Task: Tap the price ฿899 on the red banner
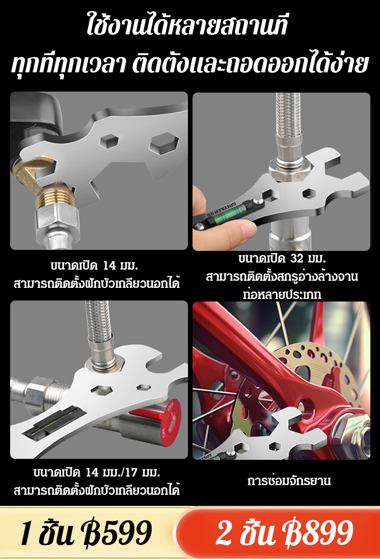(320, 533)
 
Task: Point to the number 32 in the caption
(297, 260)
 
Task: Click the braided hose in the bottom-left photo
(97, 324)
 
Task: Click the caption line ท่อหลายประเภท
(282, 294)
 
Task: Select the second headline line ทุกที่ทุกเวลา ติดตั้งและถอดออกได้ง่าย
(190, 66)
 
